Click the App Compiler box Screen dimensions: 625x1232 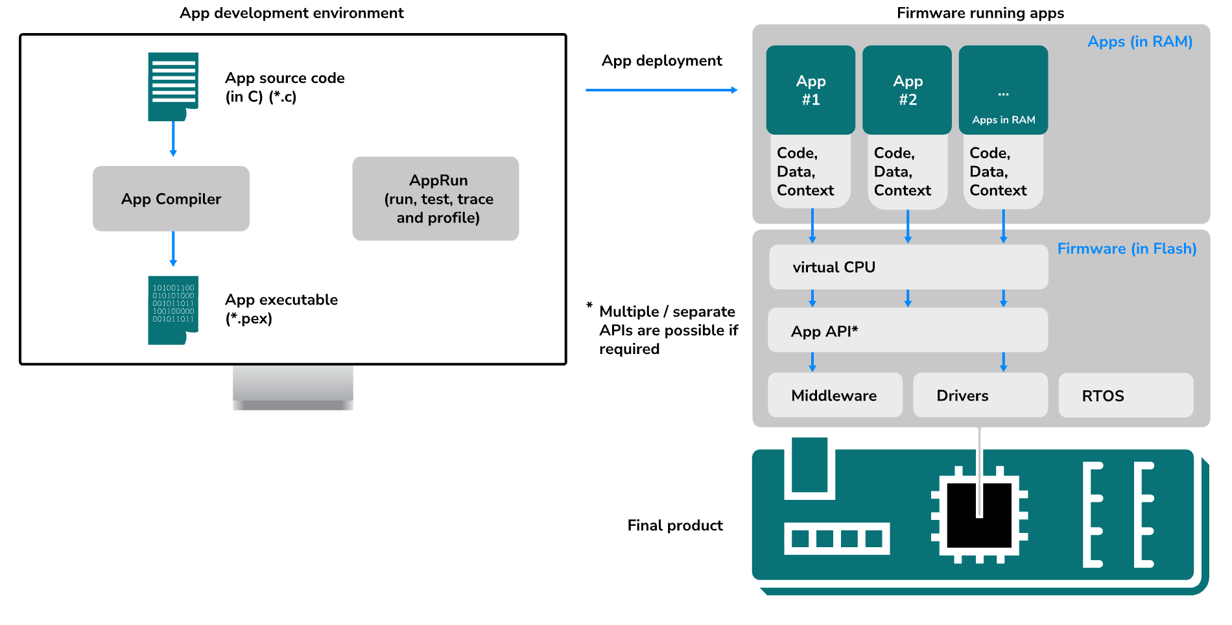[x=171, y=198]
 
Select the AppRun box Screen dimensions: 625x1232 [x=435, y=198]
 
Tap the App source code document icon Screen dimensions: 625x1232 [x=172, y=86]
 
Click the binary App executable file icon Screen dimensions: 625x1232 [x=172, y=310]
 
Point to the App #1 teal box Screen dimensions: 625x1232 [x=811, y=90]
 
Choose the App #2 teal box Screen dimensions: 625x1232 [x=907, y=90]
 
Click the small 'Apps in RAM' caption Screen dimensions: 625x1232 [x=1003, y=120]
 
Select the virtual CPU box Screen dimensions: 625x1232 [x=908, y=266]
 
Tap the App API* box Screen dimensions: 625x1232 [x=908, y=331]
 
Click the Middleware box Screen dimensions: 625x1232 [x=835, y=395]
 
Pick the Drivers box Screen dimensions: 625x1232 [x=980, y=395]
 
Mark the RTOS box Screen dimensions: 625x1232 [x=1125, y=395]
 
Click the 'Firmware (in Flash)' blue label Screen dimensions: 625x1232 [x=1126, y=248]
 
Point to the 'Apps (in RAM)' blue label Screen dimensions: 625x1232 [x=1139, y=41]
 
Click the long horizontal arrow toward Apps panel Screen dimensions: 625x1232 [x=661, y=90]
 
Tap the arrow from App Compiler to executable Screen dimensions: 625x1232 [x=173, y=248]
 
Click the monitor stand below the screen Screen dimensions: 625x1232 [x=293, y=387]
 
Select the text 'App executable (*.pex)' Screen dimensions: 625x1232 [x=281, y=309]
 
